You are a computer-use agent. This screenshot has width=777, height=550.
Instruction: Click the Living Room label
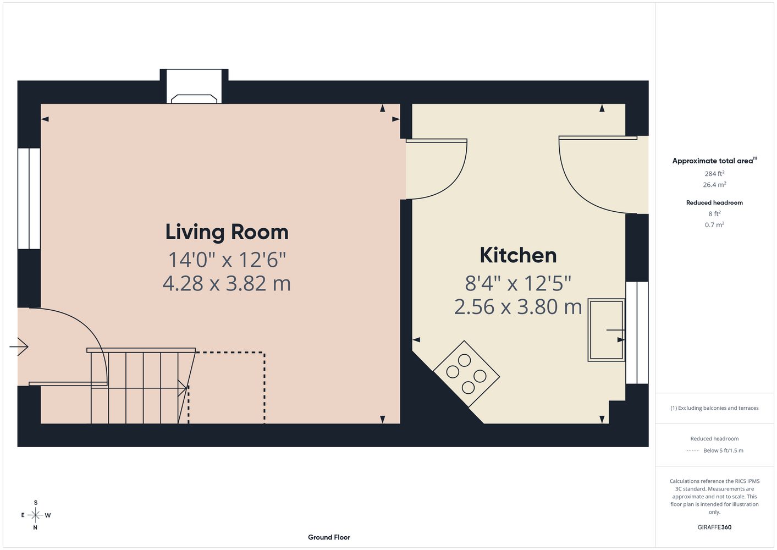click(x=227, y=232)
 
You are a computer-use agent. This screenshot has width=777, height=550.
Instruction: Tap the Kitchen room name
click(x=518, y=255)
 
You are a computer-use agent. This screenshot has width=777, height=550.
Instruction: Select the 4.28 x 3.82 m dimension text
click(x=227, y=283)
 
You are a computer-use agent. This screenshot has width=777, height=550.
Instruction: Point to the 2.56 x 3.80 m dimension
click(x=518, y=307)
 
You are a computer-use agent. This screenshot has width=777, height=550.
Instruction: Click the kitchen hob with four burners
click(x=466, y=373)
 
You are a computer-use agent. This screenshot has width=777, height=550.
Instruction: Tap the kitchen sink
click(x=607, y=330)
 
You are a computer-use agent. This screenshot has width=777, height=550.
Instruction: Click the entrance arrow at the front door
click(x=19, y=346)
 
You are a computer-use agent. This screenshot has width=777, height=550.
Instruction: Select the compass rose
click(x=35, y=515)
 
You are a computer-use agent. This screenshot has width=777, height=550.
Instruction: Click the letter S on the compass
click(x=36, y=503)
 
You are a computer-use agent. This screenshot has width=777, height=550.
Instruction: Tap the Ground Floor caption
click(x=329, y=537)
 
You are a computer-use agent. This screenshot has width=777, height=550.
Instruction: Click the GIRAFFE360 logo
click(x=714, y=527)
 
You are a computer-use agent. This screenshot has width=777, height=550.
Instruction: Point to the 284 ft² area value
click(x=714, y=173)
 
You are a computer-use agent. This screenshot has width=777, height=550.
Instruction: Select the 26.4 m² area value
click(x=714, y=185)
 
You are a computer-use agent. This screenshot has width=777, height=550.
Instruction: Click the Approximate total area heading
click(x=714, y=160)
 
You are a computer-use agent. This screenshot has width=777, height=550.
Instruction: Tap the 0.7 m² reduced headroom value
click(x=714, y=224)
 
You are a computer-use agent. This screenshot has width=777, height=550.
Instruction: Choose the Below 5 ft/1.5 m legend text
click(x=723, y=450)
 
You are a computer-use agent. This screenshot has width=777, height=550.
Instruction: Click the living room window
click(x=29, y=199)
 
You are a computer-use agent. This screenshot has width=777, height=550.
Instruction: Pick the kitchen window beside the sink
click(x=637, y=332)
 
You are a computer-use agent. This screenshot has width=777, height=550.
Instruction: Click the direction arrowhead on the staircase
click(x=183, y=388)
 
